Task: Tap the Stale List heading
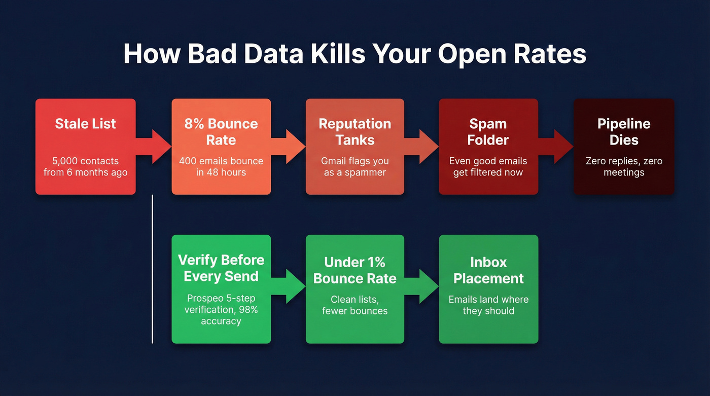(x=85, y=124)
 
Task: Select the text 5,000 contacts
(x=85, y=161)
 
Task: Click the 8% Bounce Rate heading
(x=221, y=131)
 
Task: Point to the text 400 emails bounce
(x=221, y=161)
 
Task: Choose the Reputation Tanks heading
(x=354, y=131)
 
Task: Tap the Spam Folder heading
(x=488, y=131)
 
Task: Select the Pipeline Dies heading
(x=624, y=131)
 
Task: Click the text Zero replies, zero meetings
(x=624, y=167)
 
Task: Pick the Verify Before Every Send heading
(x=221, y=268)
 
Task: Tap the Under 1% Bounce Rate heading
(x=354, y=270)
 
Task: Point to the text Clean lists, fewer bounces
(x=354, y=305)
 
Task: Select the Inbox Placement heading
(x=488, y=270)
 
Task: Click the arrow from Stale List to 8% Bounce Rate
(x=154, y=146)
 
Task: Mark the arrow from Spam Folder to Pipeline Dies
(x=556, y=146)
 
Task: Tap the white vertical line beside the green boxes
(x=153, y=269)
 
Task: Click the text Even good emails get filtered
(x=488, y=167)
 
